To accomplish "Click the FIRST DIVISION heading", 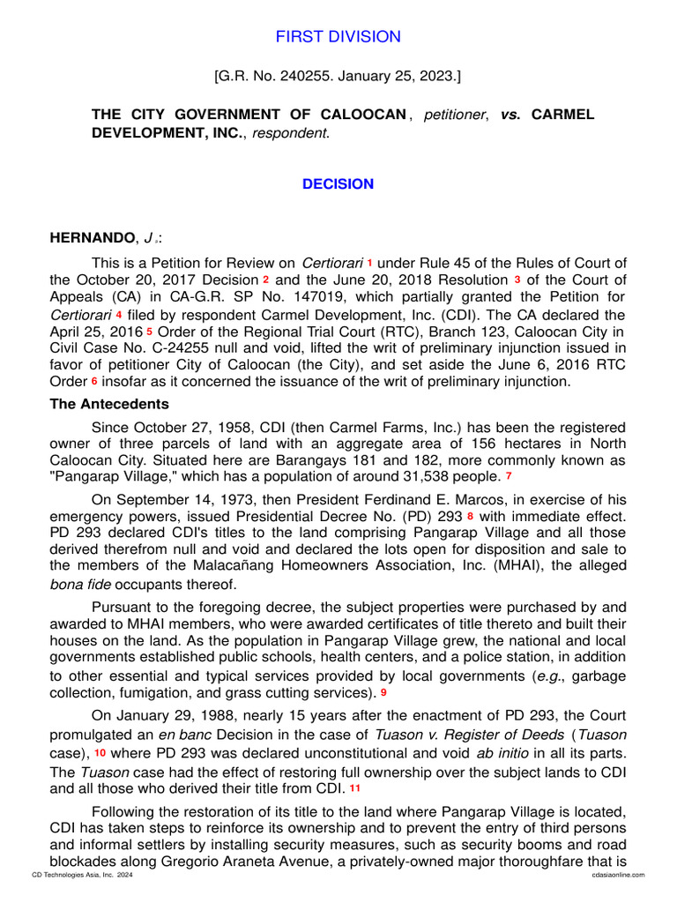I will [x=338, y=37].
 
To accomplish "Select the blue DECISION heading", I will [x=338, y=184].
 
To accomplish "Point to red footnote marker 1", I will [x=370, y=263].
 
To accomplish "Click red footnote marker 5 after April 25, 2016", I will [x=150, y=332].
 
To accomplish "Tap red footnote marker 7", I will [x=509, y=477].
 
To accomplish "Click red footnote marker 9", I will [x=383, y=693].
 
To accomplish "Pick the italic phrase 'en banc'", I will [x=184, y=735].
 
